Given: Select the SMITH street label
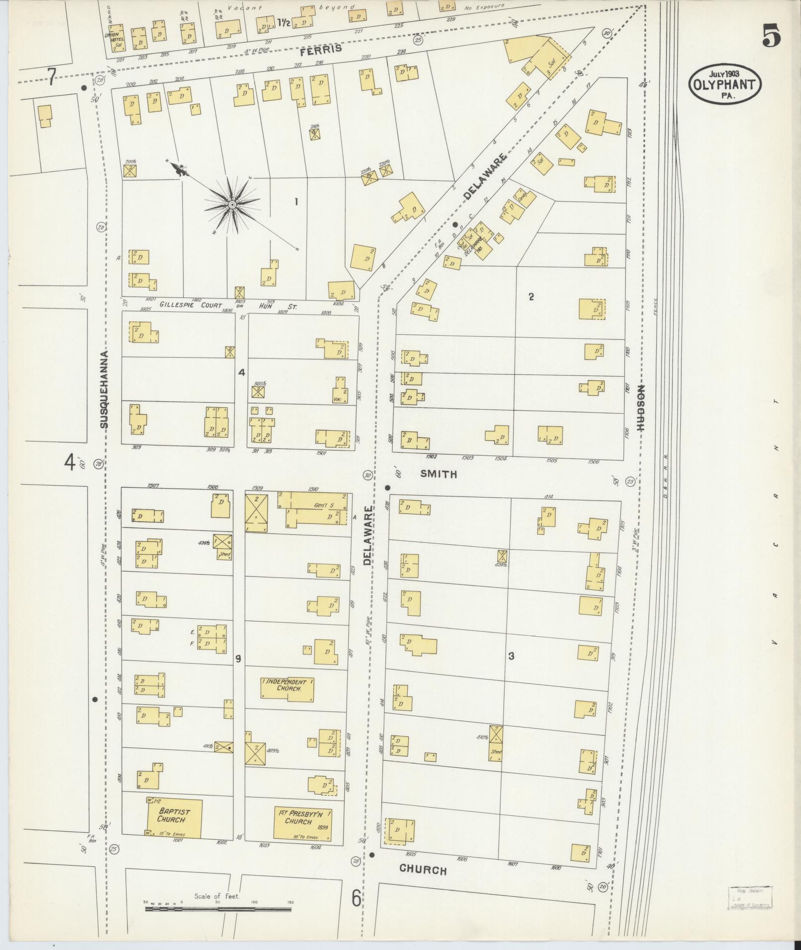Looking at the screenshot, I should coord(438,474).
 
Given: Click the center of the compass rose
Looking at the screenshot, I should coord(232,205).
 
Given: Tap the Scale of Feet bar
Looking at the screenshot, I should coord(218,909).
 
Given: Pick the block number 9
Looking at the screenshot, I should coord(238,658).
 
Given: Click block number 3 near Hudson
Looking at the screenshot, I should coord(511,656).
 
